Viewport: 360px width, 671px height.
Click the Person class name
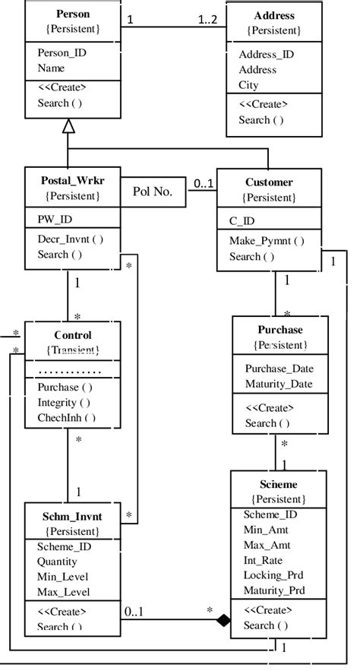[x=73, y=14]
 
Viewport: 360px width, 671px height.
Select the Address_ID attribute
[x=266, y=55]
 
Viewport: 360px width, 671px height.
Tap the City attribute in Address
[x=248, y=85]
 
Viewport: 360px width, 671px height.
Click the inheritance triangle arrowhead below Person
[x=68, y=126]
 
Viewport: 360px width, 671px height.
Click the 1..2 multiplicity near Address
[x=207, y=20]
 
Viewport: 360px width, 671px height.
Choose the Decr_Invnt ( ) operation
[x=70, y=239]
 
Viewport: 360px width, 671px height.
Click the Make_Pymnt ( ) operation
[x=267, y=241]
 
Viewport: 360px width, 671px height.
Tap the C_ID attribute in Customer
[x=243, y=221]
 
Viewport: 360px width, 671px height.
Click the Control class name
[x=73, y=334]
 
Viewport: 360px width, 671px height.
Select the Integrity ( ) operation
[x=63, y=402]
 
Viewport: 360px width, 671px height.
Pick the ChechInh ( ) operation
[x=66, y=417]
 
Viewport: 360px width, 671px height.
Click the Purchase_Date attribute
[x=279, y=369]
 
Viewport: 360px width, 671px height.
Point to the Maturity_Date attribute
[x=279, y=384]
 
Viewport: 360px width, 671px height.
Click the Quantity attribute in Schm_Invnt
[x=57, y=562]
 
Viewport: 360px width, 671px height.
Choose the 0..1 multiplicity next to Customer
[x=203, y=183]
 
